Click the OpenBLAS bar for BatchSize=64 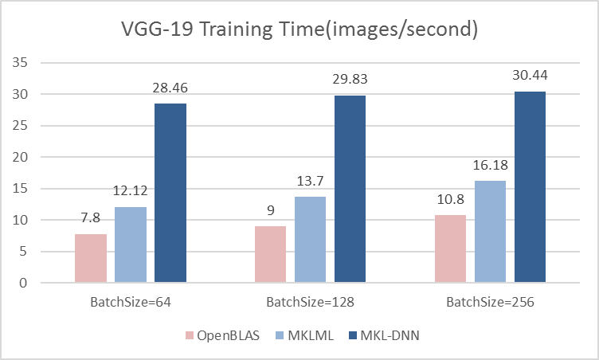coord(91,258)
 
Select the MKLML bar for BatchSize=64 coord(131,245)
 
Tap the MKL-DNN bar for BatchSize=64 coord(170,193)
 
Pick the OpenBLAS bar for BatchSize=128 coord(271,254)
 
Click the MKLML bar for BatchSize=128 coord(311,240)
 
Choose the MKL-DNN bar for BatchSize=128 coord(350,189)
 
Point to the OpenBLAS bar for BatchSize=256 coord(451,248)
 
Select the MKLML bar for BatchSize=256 coord(491,232)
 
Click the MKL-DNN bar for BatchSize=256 coord(530,187)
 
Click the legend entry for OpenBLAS coord(215,335)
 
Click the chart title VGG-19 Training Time coord(299,29)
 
